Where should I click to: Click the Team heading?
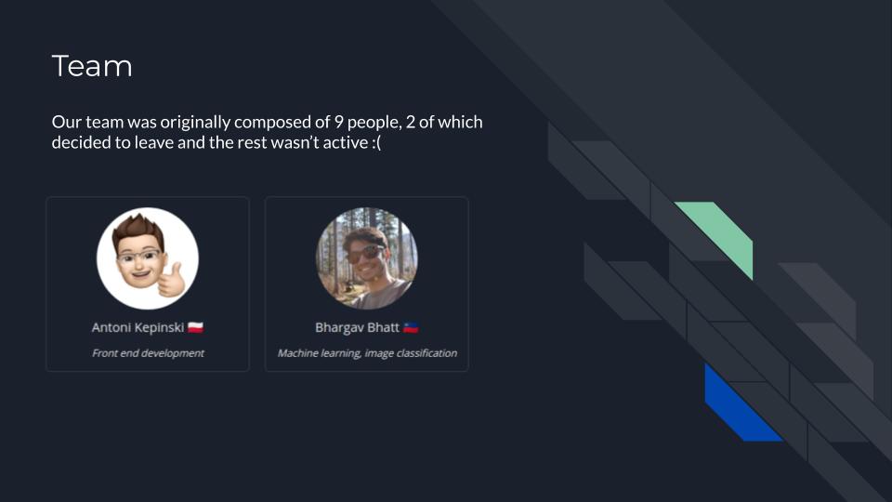pos(92,66)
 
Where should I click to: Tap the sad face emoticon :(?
pos(376,143)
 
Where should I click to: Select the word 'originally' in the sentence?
pos(195,123)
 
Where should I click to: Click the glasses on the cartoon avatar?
pos(138,257)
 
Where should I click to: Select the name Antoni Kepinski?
pos(138,328)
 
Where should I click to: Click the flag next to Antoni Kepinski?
pos(196,328)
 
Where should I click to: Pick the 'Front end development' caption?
pos(148,353)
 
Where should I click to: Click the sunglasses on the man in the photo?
pos(366,253)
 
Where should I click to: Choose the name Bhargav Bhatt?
pos(357,328)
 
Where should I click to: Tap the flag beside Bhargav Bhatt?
pos(411,328)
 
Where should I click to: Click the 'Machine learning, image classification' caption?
pos(368,353)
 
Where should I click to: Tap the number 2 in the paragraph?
pos(410,123)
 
